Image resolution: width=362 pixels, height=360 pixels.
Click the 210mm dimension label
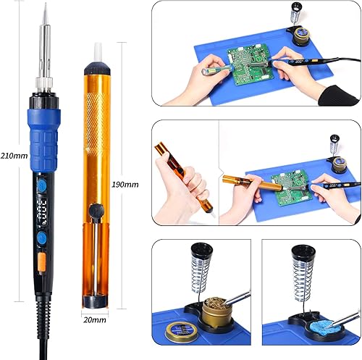point(14,156)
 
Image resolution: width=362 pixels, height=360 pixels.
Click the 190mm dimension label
point(125,185)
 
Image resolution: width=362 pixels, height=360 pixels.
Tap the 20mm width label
point(95,320)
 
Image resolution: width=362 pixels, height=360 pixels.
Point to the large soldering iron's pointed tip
point(45,4)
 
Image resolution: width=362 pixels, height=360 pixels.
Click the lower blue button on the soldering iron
point(42,238)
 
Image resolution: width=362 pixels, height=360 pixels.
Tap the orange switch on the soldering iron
point(42,262)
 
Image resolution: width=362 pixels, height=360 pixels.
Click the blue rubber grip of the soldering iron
point(43,141)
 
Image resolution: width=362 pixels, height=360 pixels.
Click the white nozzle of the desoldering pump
point(98,53)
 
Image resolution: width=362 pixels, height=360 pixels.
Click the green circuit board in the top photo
point(251,64)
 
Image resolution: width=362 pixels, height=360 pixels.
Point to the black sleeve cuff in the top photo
point(338,96)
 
